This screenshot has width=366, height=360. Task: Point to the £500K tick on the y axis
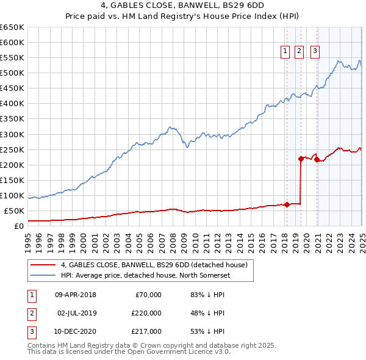pyautogui.click(x=12, y=73)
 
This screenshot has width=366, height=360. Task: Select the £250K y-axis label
pyautogui.click(x=12, y=149)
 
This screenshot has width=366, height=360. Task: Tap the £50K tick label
pyautogui.click(x=15, y=211)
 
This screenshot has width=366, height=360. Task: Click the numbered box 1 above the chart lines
pyautogui.click(x=285, y=52)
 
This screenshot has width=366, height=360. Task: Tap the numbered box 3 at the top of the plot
pyautogui.click(x=315, y=52)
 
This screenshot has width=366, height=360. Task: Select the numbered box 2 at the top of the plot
pyautogui.click(x=299, y=52)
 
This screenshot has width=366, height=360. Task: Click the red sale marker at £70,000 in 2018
pyautogui.click(x=287, y=204)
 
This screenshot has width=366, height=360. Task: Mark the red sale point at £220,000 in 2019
pyautogui.click(x=301, y=159)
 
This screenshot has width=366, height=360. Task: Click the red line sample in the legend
pyautogui.click(x=43, y=265)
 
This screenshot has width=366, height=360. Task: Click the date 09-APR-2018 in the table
pyautogui.click(x=76, y=295)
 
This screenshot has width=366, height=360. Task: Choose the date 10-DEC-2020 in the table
pyautogui.click(x=76, y=331)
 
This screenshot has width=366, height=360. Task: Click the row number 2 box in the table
pyautogui.click(x=30, y=313)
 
